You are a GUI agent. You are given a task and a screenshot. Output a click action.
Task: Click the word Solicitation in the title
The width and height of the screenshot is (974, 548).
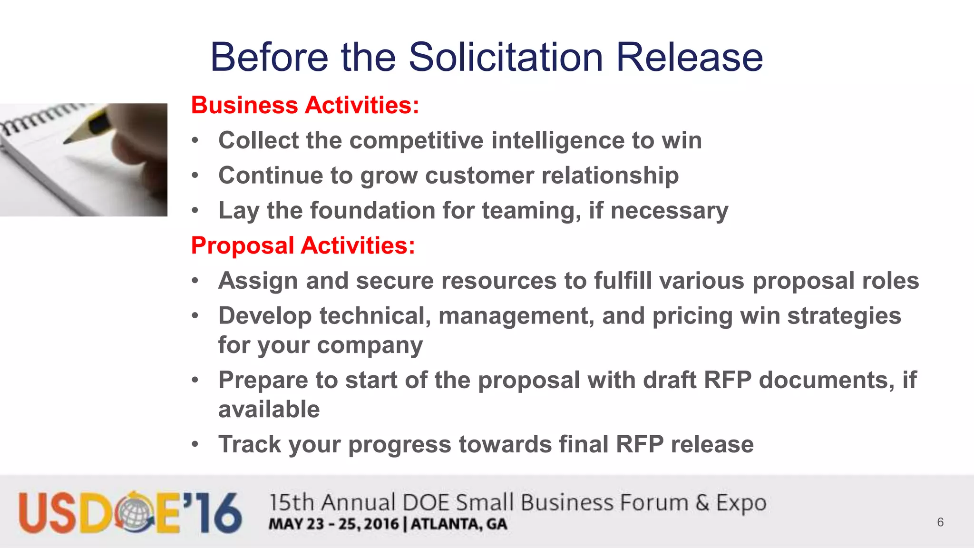(x=506, y=57)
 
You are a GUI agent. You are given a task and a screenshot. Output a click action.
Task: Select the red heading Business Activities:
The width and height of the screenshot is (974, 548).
(x=305, y=105)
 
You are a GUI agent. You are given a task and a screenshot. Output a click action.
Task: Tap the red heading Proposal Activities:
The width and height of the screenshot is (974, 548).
(x=303, y=245)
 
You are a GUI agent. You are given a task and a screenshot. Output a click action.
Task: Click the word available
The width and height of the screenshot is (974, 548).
(x=269, y=409)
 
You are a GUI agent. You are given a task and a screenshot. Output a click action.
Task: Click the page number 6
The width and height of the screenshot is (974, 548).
(x=940, y=522)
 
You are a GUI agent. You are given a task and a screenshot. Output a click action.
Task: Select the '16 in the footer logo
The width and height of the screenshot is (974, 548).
(x=214, y=513)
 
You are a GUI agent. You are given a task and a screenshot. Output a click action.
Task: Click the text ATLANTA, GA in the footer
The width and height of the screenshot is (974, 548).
(x=459, y=524)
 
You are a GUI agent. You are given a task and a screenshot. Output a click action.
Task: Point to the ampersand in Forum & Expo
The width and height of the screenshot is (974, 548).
(x=702, y=503)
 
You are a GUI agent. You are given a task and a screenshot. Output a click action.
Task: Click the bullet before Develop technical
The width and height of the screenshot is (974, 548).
(x=195, y=316)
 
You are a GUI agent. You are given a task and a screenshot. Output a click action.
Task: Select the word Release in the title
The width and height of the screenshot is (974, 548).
(x=689, y=57)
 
